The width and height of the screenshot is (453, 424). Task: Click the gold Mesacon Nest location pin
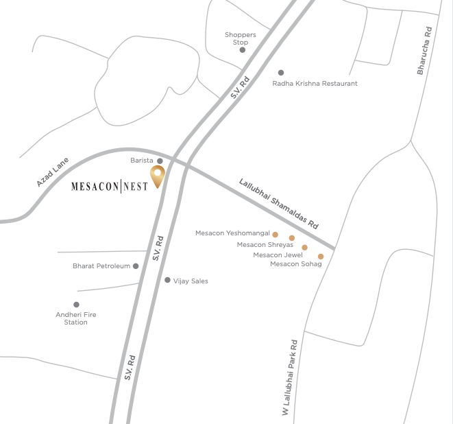click(158, 175)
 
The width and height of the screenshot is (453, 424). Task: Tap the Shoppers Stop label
click(240, 38)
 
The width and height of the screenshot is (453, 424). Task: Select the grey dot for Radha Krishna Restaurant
click(280, 73)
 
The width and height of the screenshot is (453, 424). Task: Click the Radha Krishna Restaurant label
click(315, 84)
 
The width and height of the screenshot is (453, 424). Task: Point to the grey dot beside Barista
click(160, 161)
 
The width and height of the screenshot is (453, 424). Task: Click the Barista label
click(142, 161)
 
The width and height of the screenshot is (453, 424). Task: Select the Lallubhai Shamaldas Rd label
click(280, 204)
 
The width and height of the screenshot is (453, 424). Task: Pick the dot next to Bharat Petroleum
click(136, 266)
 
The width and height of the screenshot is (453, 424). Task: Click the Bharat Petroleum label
click(101, 266)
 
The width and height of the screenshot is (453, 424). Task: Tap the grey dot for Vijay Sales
click(167, 280)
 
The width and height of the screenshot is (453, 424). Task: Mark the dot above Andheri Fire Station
click(76, 305)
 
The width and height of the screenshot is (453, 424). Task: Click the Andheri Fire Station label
click(71, 318)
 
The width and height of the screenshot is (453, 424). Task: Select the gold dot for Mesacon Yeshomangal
click(276, 235)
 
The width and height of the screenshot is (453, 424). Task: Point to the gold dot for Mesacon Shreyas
click(291, 238)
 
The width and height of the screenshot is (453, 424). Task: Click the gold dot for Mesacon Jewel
click(305, 248)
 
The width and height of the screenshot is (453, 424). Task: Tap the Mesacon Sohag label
click(295, 264)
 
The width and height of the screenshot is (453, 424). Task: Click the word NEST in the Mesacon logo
click(136, 186)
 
